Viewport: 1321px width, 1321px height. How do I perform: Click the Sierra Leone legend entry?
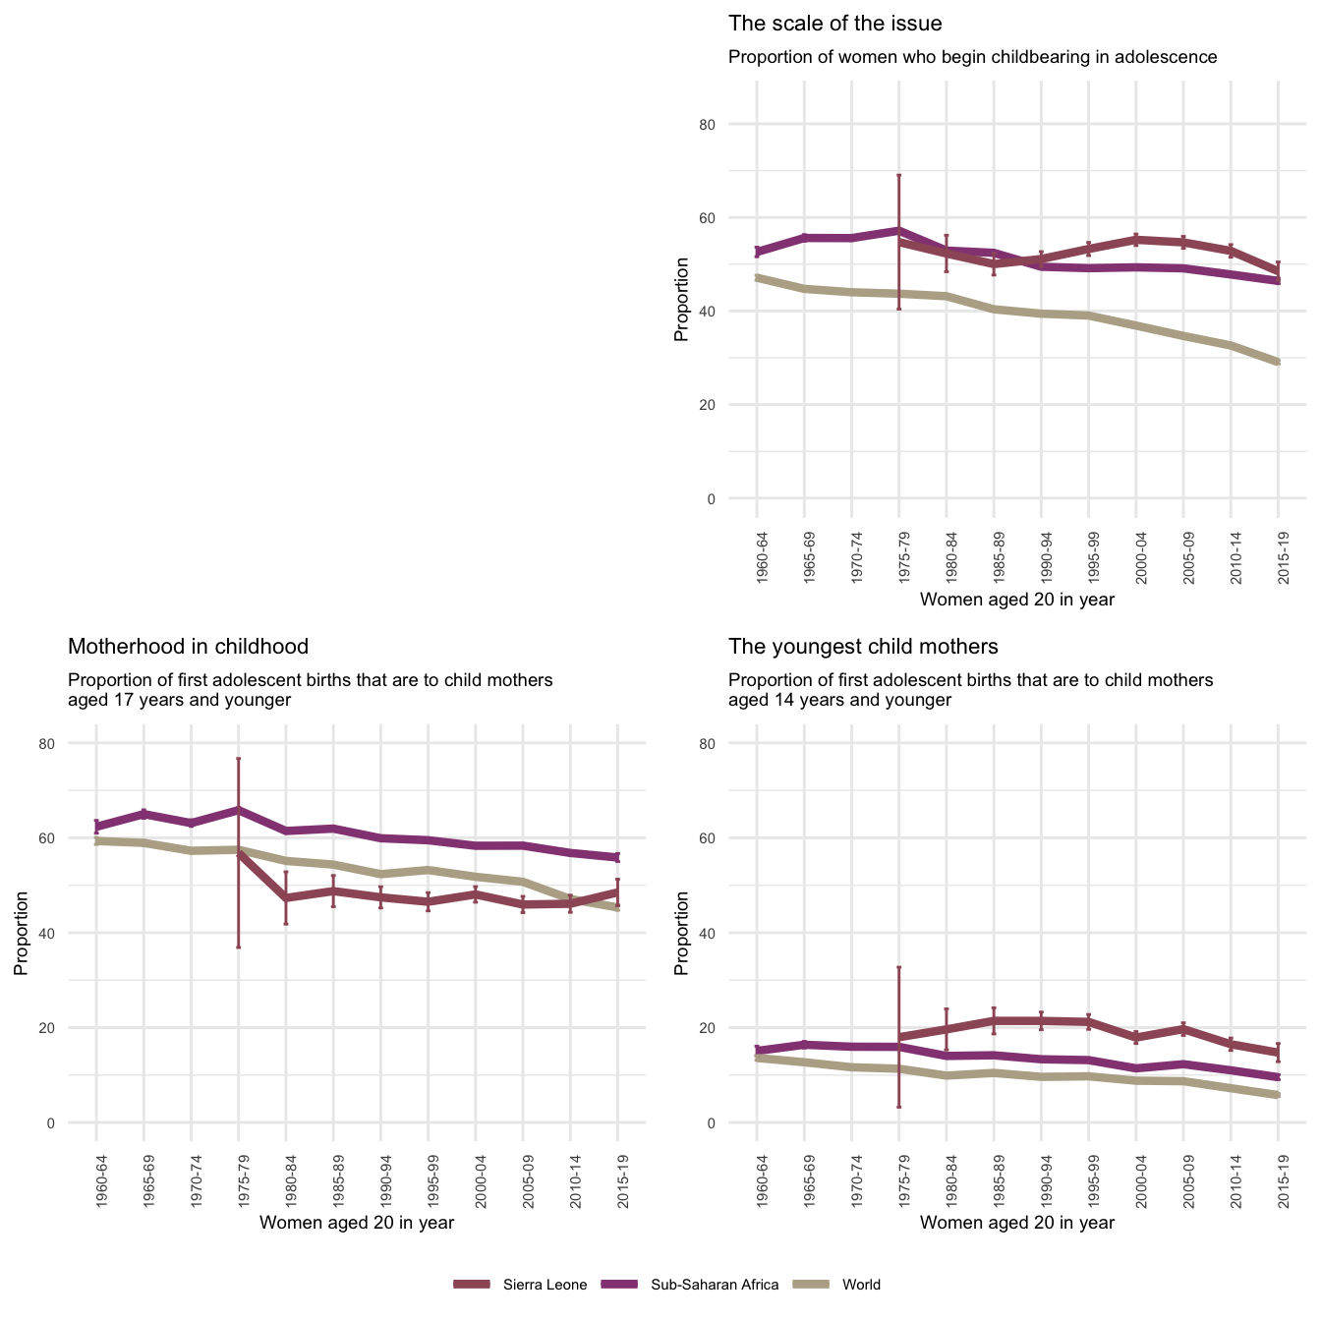click(x=545, y=1285)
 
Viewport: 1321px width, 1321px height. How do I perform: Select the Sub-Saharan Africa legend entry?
click(x=715, y=1285)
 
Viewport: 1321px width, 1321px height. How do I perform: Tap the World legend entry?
click(x=861, y=1285)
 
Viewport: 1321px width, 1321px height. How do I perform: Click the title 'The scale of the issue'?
click(x=834, y=24)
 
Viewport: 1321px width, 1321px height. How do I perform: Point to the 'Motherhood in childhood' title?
click(x=188, y=647)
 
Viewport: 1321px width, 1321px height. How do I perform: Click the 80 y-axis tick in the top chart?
click(x=735, y=125)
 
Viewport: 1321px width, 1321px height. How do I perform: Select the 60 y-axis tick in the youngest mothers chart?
click(x=735, y=838)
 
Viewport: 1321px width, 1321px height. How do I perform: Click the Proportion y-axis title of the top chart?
click(x=681, y=312)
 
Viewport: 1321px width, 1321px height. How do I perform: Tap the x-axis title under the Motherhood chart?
click(x=357, y=1223)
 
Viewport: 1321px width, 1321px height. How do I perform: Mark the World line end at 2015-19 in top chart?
click(x=1278, y=362)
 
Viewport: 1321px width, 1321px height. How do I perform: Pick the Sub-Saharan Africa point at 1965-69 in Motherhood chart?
click(x=144, y=813)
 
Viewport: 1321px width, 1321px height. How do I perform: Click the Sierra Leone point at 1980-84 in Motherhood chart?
click(x=286, y=897)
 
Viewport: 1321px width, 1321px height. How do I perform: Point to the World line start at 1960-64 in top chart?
click(x=757, y=278)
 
